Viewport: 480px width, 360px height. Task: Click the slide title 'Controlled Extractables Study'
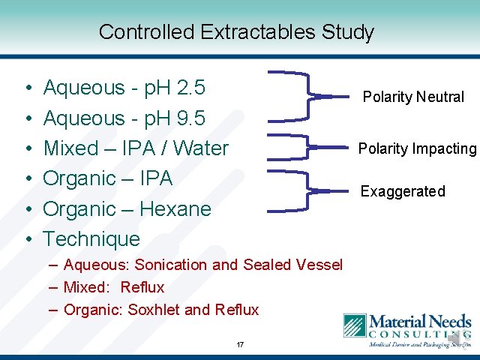click(235, 32)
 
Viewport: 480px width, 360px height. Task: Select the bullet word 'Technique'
click(91, 239)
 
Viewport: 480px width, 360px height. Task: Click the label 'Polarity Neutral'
click(413, 97)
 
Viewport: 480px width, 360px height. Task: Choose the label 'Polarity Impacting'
click(417, 148)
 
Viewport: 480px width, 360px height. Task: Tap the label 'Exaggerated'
click(403, 191)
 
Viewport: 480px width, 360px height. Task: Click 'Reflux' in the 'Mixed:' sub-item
click(142, 287)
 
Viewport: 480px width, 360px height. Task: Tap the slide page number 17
click(240, 344)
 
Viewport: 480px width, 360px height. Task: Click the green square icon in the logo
click(355, 325)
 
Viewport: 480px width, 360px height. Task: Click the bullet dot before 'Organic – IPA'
click(27, 180)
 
